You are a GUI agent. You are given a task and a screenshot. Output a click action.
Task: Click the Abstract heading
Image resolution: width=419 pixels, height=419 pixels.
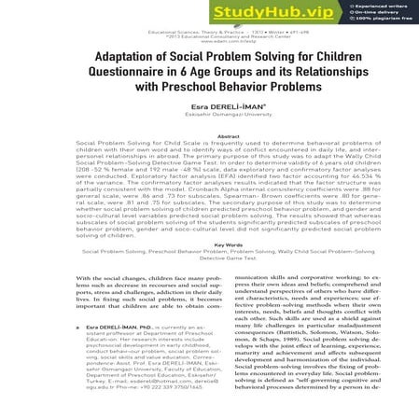pos(209,130)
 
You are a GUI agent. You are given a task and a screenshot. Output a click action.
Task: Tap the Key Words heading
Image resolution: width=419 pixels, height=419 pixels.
pos(209,245)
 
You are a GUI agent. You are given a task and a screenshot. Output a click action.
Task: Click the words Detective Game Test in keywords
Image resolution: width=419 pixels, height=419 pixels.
pos(209,258)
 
